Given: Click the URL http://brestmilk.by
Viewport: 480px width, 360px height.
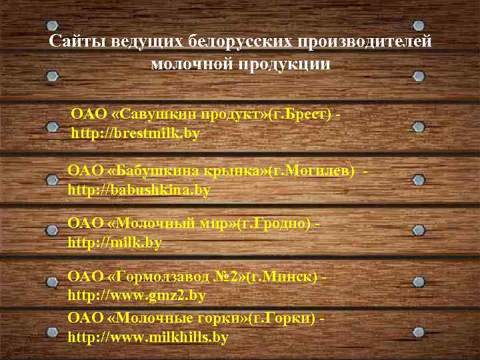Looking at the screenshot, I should pyautogui.click(x=135, y=133).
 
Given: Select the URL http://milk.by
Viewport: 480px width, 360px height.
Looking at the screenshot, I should pyautogui.click(x=115, y=243).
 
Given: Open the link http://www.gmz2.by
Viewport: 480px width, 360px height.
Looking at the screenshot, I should pyautogui.click(x=137, y=295).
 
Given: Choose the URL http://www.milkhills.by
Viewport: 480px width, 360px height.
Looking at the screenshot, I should pyautogui.click(x=148, y=337).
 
